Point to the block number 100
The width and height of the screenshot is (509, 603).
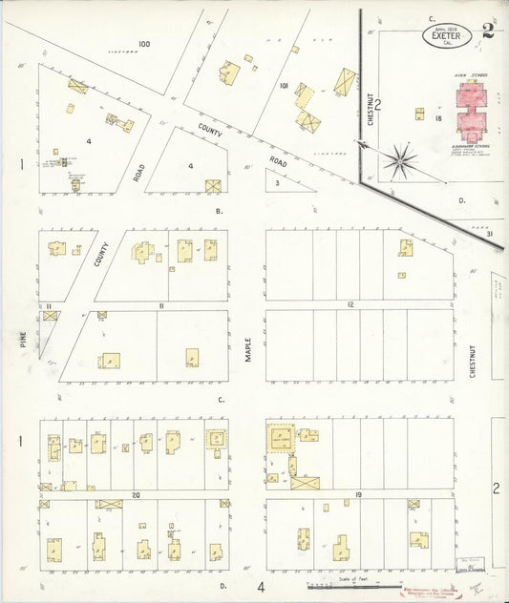pyautogui.click(x=143, y=44)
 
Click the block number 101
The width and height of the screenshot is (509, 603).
pyautogui.click(x=284, y=86)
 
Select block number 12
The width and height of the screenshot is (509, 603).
pyautogui.click(x=350, y=304)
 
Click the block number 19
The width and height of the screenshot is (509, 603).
pyautogui.click(x=358, y=495)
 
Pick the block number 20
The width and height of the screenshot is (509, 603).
pyautogui.click(x=137, y=495)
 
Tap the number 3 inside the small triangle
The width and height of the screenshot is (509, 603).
pyautogui.click(x=277, y=182)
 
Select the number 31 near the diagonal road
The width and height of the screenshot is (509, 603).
pyautogui.click(x=488, y=235)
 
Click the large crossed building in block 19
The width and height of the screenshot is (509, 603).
pyautogui.click(x=306, y=483)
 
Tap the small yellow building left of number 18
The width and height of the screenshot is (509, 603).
pyautogui.click(x=419, y=114)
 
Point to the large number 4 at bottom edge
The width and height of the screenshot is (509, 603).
pyautogui.click(x=260, y=586)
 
